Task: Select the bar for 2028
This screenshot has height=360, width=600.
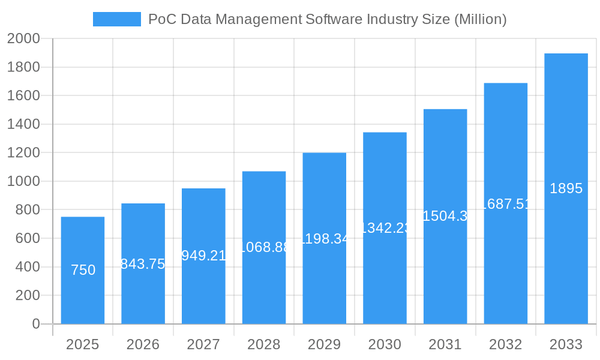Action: pyautogui.click(x=264, y=282)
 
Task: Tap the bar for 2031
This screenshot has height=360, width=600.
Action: pyautogui.click(x=445, y=270)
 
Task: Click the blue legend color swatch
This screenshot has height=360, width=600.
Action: pyautogui.click(x=117, y=19)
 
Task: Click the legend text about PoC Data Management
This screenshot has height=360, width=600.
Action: pyautogui.click(x=327, y=19)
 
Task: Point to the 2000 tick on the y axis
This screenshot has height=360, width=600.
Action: pyautogui.click(x=23, y=39)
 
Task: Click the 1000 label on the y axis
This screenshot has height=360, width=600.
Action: pyautogui.click(x=23, y=181)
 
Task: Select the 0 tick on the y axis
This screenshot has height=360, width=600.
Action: pyautogui.click(x=35, y=324)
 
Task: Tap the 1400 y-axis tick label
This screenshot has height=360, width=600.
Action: pyautogui.click(x=23, y=124)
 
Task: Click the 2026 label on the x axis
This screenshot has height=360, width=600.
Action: pyautogui.click(x=143, y=344)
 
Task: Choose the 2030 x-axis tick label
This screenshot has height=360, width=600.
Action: pyautogui.click(x=385, y=344)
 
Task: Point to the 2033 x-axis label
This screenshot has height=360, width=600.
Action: pyautogui.click(x=566, y=344)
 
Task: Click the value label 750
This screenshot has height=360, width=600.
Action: pyautogui.click(x=83, y=270)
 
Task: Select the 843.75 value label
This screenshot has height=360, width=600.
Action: pyautogui.click(x=143, y=264)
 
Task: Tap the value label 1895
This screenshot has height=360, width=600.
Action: pyautogui.click(x=566, y=188)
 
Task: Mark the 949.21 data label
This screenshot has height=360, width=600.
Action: pyautogui.click(x=203, y=256)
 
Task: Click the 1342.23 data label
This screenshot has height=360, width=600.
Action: pyautogui.click(x=385, y=228)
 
